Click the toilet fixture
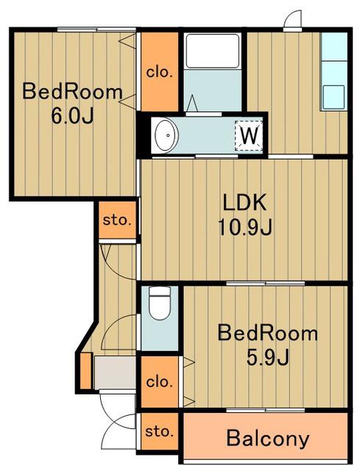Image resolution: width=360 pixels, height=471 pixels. [160, 303]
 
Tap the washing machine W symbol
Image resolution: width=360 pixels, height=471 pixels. [249, 135]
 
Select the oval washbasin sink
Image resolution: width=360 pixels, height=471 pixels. [167, 135]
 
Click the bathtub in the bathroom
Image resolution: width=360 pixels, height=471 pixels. [213, 51]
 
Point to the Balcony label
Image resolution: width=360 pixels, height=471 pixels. [268, 439]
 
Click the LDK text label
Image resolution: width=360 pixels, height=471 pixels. [244, 202]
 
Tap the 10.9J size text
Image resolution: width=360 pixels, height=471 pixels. [245, 227]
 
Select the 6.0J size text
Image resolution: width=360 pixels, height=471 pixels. [72, 116]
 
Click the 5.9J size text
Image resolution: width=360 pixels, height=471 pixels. [268, 357]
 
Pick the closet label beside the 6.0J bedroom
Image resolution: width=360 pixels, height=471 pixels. [160, 73]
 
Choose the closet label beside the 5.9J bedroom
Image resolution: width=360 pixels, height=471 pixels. [160, 382]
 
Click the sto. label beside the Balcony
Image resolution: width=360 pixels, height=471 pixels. [160, 432]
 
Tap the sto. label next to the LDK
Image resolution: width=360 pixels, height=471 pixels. [117, 220]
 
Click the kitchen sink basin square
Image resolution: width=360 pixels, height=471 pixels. [333, 97]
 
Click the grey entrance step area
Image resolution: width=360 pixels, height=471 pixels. [115, 372]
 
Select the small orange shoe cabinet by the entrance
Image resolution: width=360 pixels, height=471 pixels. [86, 371]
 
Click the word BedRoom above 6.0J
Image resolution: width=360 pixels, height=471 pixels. [72, 92]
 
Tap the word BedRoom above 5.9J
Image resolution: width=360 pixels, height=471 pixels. [268, 333]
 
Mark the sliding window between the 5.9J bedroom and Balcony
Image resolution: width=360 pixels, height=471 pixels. [266, 410]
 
